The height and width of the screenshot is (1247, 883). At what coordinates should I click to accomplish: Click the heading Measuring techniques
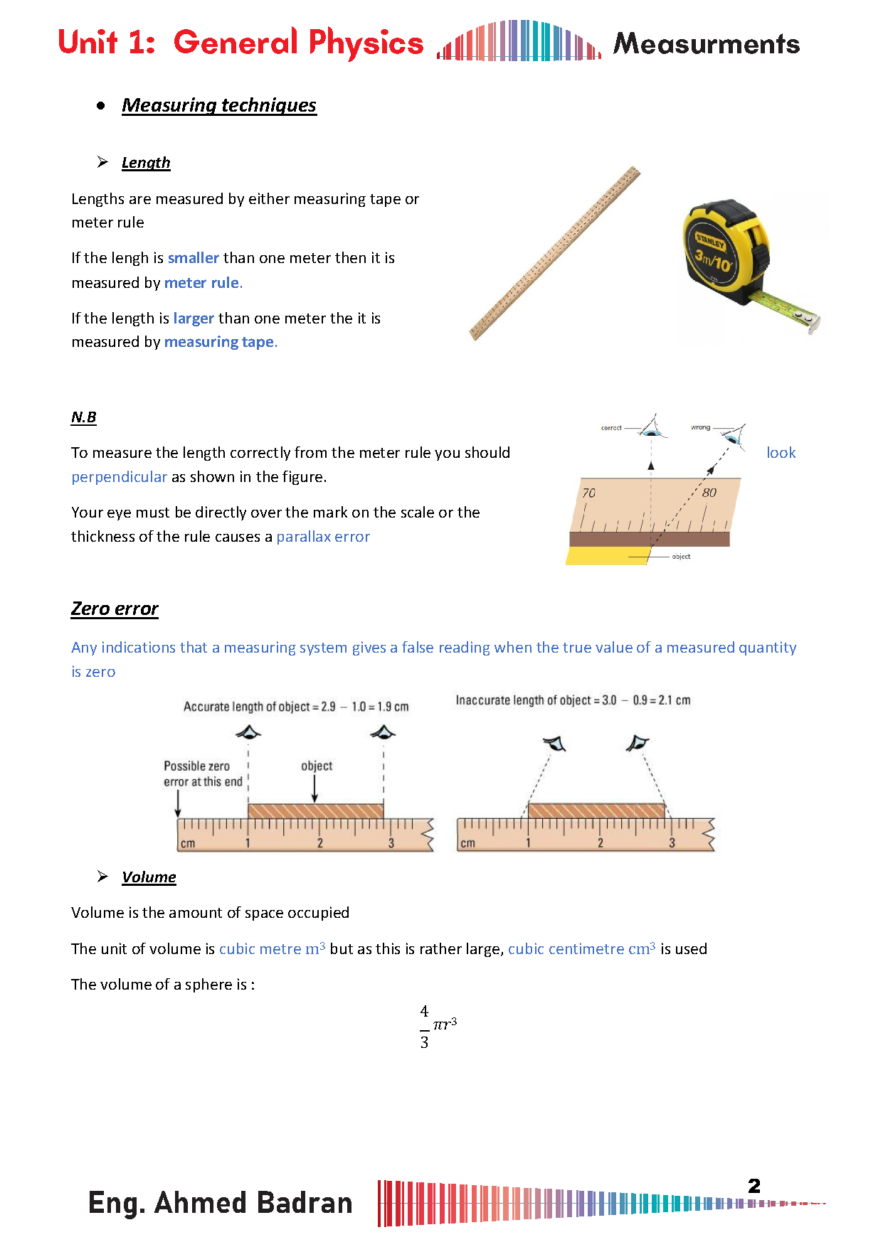218,105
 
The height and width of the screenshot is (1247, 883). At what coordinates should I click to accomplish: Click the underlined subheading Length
146,163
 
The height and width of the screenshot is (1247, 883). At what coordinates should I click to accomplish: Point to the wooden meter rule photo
555,254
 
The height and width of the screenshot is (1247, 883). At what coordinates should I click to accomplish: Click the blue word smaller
194,258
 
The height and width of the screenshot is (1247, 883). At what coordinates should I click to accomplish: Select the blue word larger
194,319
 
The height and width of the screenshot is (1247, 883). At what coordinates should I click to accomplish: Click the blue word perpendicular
119,477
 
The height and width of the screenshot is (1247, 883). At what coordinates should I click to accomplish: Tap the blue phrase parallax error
323,537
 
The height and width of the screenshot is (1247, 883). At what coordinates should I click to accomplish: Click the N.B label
83,417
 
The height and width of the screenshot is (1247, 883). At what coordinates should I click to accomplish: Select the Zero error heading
115,609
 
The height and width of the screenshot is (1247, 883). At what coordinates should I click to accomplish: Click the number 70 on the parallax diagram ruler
588,493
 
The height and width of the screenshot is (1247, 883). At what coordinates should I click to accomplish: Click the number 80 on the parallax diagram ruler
709,493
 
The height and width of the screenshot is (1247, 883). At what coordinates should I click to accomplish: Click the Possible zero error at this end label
203,774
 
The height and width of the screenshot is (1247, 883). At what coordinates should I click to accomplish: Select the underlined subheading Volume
149,877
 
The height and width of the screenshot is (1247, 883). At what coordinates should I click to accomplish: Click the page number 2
754,1186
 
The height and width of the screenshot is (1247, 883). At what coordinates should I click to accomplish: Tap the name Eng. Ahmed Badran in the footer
221,1203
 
